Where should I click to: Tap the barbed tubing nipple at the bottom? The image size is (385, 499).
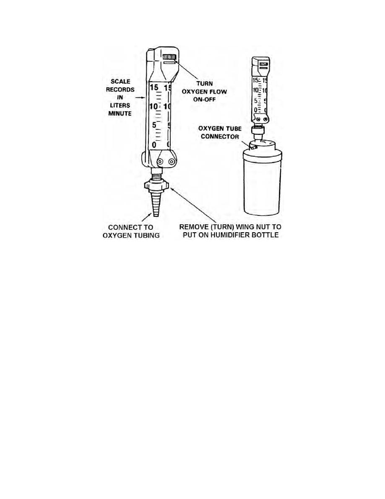[x=155, y=204]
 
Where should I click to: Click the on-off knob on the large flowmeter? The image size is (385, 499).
[x=169, y=57]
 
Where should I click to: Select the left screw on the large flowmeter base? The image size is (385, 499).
[x=160, y=162]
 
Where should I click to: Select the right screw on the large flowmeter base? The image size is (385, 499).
[x=172, y=162]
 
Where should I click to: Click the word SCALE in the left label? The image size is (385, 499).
[x=120, y=81]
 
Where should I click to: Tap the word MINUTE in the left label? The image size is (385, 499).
[x=120, y=113]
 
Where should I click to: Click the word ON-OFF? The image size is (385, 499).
[x=204, y=99]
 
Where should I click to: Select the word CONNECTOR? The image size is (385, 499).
[x=220, y=137]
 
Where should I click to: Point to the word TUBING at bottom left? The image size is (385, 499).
[x=147, y=236]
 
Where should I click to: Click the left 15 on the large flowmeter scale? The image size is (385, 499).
[x=154, y=87]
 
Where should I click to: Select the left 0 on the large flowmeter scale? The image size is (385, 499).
[x=154, y=145]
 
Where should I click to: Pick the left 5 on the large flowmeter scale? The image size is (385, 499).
[x=154, y=125]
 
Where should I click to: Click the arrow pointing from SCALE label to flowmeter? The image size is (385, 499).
[x=140, y=97]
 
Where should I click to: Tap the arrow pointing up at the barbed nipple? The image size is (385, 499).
[x=146, y=218]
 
